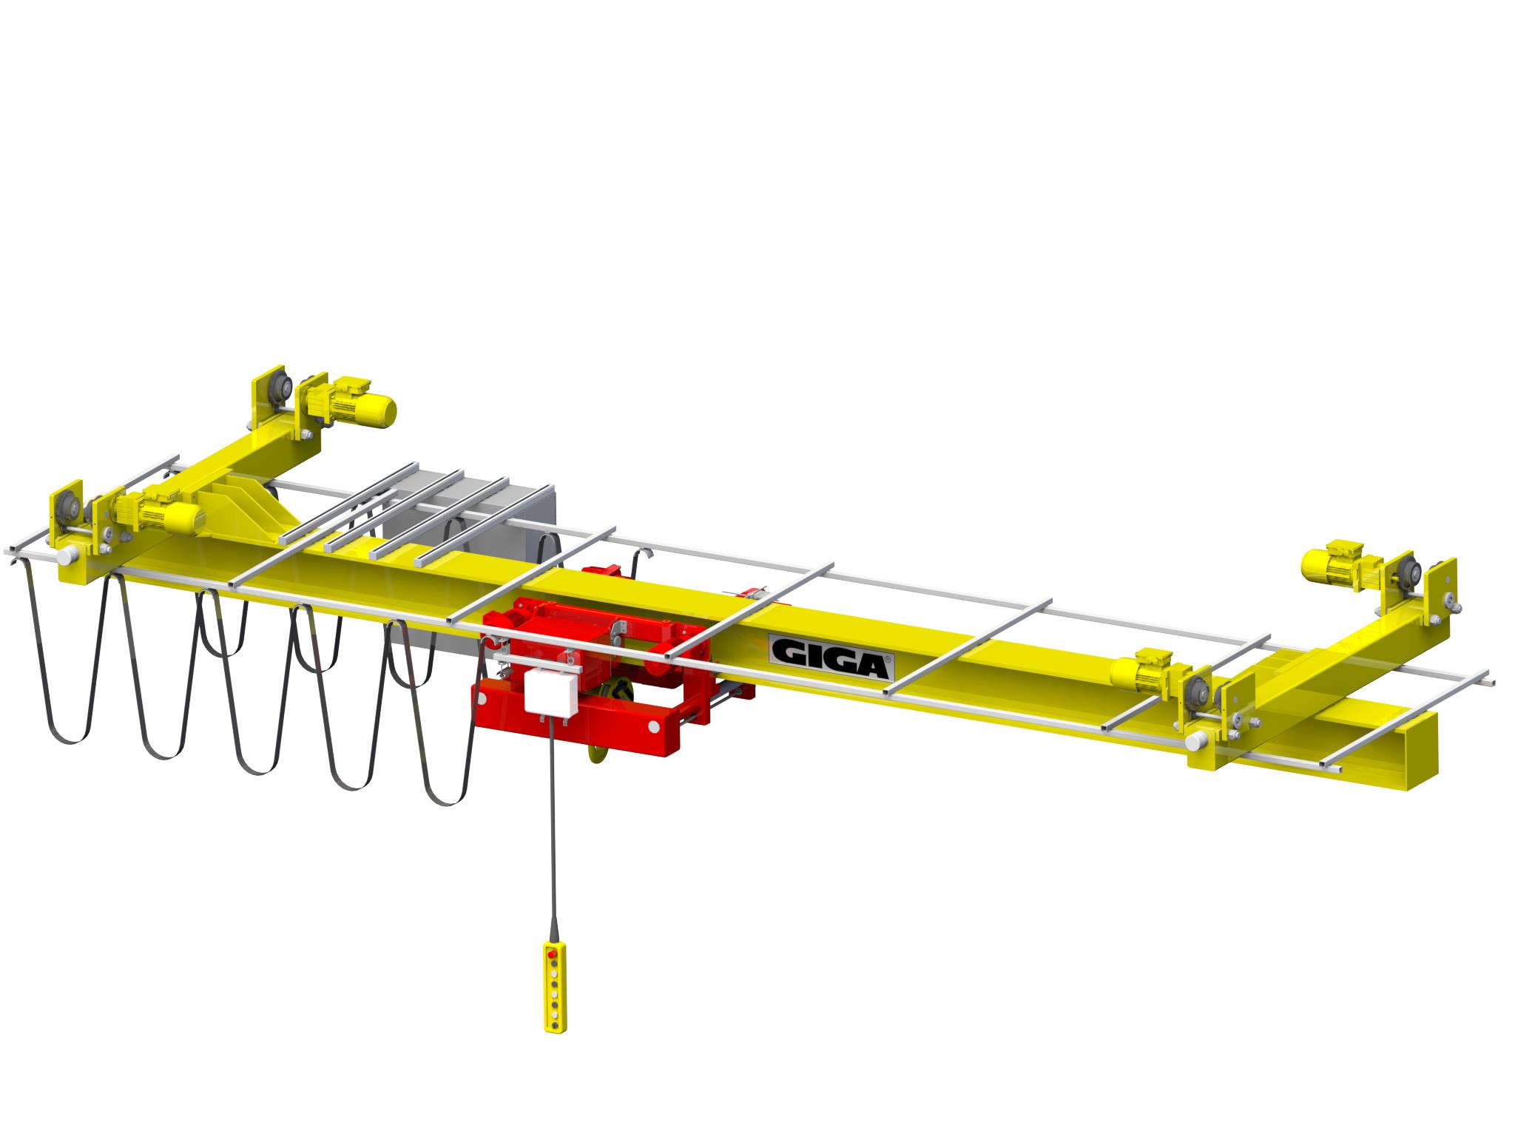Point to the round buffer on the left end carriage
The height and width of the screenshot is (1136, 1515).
[x=68, y=555]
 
